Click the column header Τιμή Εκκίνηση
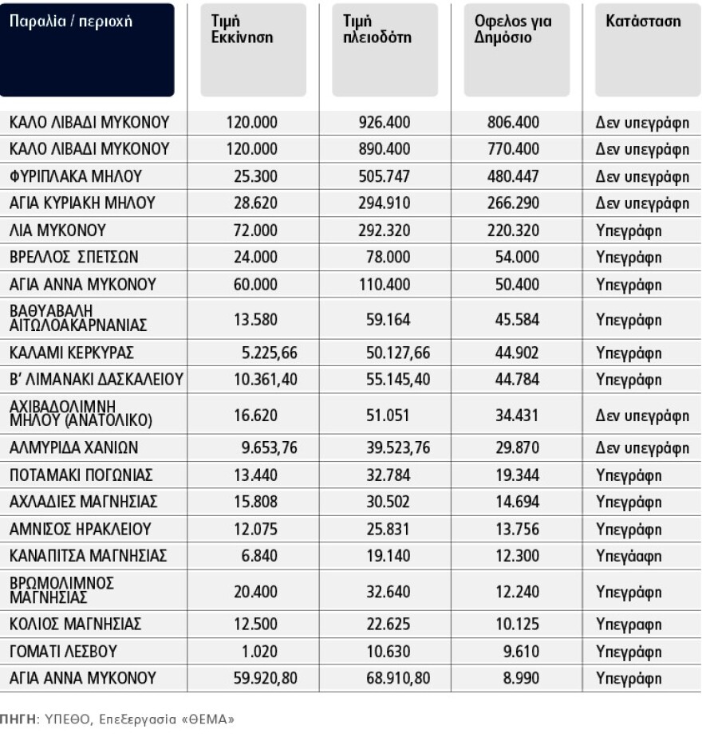pyautogui.click(x=237, y=29)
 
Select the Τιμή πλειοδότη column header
pyautogui.click(x=372, y=29)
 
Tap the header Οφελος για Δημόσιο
pyautogui.click(x=507, y=29)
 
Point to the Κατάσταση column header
pyautogui.click(x=643, y=21)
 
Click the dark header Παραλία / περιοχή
pyautogui.click(x=70, y=22)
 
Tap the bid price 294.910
pyautogui.click(x=385, y=203)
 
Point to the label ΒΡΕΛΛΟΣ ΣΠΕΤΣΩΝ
pyautogui.click(x=74, y=258)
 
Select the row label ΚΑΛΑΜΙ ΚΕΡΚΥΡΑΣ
pyautogui.click(x=71, y=353)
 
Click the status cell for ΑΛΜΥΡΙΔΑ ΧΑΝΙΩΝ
pyautogui.click(x=642, y=448)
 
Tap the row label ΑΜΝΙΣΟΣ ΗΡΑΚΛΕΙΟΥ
pyautogui.click(x=80, y=530)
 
